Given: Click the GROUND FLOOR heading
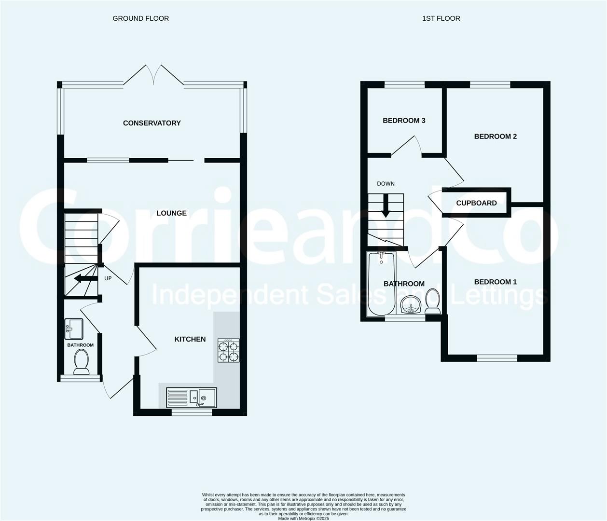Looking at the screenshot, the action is point(141,18).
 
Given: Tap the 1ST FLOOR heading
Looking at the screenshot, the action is point(441,18).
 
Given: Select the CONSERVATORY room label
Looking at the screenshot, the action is point(152,123).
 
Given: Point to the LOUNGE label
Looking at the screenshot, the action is point(171,213).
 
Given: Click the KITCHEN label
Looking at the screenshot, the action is point(190,339).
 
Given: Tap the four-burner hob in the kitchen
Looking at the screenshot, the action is point(228,350).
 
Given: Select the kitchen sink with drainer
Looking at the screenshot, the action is point(192,398).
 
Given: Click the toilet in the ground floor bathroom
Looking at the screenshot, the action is point(82,362).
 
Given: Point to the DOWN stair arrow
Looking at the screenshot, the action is point(386,206).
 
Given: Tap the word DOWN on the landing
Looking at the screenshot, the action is point(386,184).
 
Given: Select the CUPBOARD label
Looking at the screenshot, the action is point(476,203).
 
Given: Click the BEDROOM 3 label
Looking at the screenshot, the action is point(404,121).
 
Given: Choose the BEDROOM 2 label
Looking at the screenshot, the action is point(495,136).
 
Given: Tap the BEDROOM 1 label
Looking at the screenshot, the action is point(495,282).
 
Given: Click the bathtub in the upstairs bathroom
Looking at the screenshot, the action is point(381,283).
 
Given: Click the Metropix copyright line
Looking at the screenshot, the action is point(303,519).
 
